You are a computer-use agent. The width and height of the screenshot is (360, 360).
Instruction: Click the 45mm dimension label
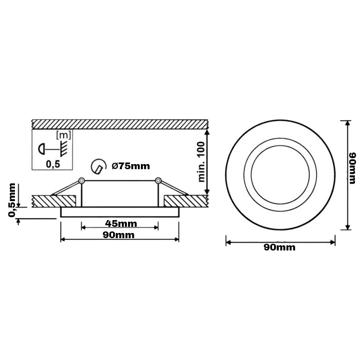coord(121,223)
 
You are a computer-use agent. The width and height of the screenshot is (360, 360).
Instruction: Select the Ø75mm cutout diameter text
coord(131,166)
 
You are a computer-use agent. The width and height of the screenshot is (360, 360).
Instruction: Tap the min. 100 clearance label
coord(201,162)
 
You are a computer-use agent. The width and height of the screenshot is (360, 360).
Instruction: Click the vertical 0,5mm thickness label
coord(12,200)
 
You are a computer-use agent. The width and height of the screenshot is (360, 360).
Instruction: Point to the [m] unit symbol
coord(64,135)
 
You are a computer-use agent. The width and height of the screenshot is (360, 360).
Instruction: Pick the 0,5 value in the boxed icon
coord(53,164)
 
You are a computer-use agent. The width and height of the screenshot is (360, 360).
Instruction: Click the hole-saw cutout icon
coord(99,166)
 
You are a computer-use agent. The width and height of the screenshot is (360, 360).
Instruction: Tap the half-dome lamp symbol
coord(41,149)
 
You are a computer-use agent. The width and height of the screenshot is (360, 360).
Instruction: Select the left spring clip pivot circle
coord(81,181)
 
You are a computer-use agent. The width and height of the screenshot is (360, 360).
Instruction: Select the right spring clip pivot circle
coord(158,181)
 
